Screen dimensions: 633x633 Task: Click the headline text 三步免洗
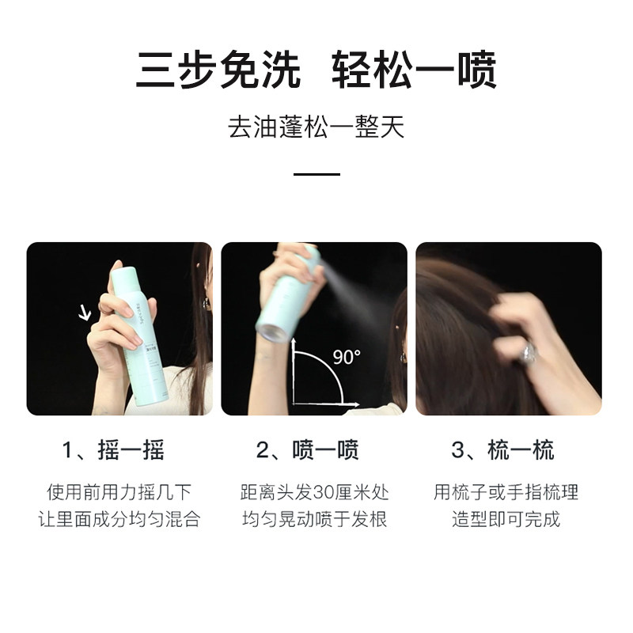point(218,70)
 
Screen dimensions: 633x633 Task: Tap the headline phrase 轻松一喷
point(413,70)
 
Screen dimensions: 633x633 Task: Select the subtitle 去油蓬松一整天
point(316,127)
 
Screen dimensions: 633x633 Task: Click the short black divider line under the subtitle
point(316,174)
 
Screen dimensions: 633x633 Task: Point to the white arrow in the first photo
point(85,313)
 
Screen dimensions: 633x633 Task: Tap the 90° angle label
point(346,358)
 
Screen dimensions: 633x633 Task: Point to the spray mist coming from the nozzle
point(348,289)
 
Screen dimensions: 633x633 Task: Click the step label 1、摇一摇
point(114,451)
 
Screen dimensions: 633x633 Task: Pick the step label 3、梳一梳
point(503,451)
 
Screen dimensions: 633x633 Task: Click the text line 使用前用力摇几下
point(119,492)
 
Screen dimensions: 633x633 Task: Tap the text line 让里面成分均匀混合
point(119,520)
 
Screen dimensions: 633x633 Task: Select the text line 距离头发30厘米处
point(315,492)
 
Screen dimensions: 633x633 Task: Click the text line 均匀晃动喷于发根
point(315,520)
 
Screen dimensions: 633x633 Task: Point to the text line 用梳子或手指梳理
point(506,492)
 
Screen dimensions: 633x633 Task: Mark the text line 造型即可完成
point(506,520)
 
